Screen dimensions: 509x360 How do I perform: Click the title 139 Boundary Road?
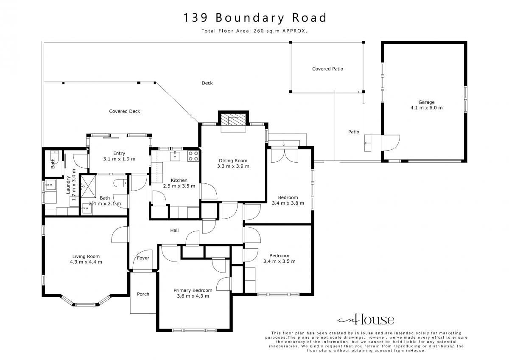point(255,18)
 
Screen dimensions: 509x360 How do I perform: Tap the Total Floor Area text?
point(255,31)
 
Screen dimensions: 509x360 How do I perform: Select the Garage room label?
point(427,102)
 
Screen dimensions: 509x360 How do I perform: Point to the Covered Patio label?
point(327,69)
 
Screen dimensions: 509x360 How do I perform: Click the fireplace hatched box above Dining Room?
point(233,119)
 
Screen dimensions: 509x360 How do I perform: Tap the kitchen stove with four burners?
point(193,156)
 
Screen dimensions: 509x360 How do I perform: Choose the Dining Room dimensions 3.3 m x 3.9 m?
point(233,166)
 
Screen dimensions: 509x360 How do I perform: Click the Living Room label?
point(86,256)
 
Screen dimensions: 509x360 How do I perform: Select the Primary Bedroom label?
point(193,290)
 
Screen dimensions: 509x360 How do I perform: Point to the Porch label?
point(143,294)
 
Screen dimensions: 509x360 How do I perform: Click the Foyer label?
point(143,258)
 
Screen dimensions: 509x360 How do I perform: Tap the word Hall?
point(174,231)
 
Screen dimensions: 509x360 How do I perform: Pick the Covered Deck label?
point(125,111)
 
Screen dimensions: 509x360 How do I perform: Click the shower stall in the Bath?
point(88,186)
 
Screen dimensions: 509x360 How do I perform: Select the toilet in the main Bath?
point(120,183)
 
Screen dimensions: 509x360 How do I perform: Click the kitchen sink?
point(175,156)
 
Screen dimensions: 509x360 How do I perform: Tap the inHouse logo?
point(366,319)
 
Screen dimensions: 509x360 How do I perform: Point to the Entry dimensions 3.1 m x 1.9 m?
point(119,159)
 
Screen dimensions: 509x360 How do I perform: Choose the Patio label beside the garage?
point(354,132)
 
